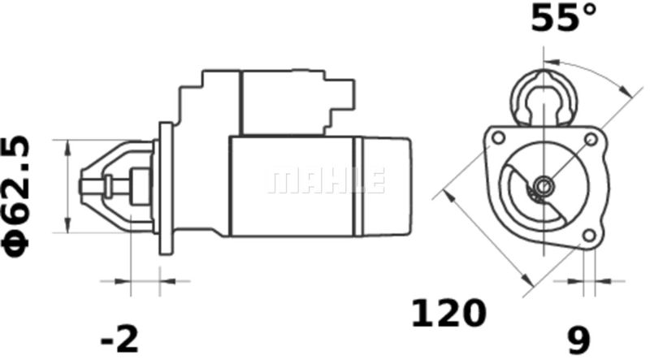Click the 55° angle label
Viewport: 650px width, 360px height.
563,17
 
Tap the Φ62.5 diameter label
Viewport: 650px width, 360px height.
16,196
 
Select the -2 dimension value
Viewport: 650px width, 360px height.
119,339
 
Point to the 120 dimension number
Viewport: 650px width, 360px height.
448,313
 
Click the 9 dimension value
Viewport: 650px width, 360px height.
578,340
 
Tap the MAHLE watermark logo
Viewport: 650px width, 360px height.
327,181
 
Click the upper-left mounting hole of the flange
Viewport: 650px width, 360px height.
498,137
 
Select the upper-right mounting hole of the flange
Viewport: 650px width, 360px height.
591,139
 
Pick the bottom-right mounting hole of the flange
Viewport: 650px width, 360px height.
588,236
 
